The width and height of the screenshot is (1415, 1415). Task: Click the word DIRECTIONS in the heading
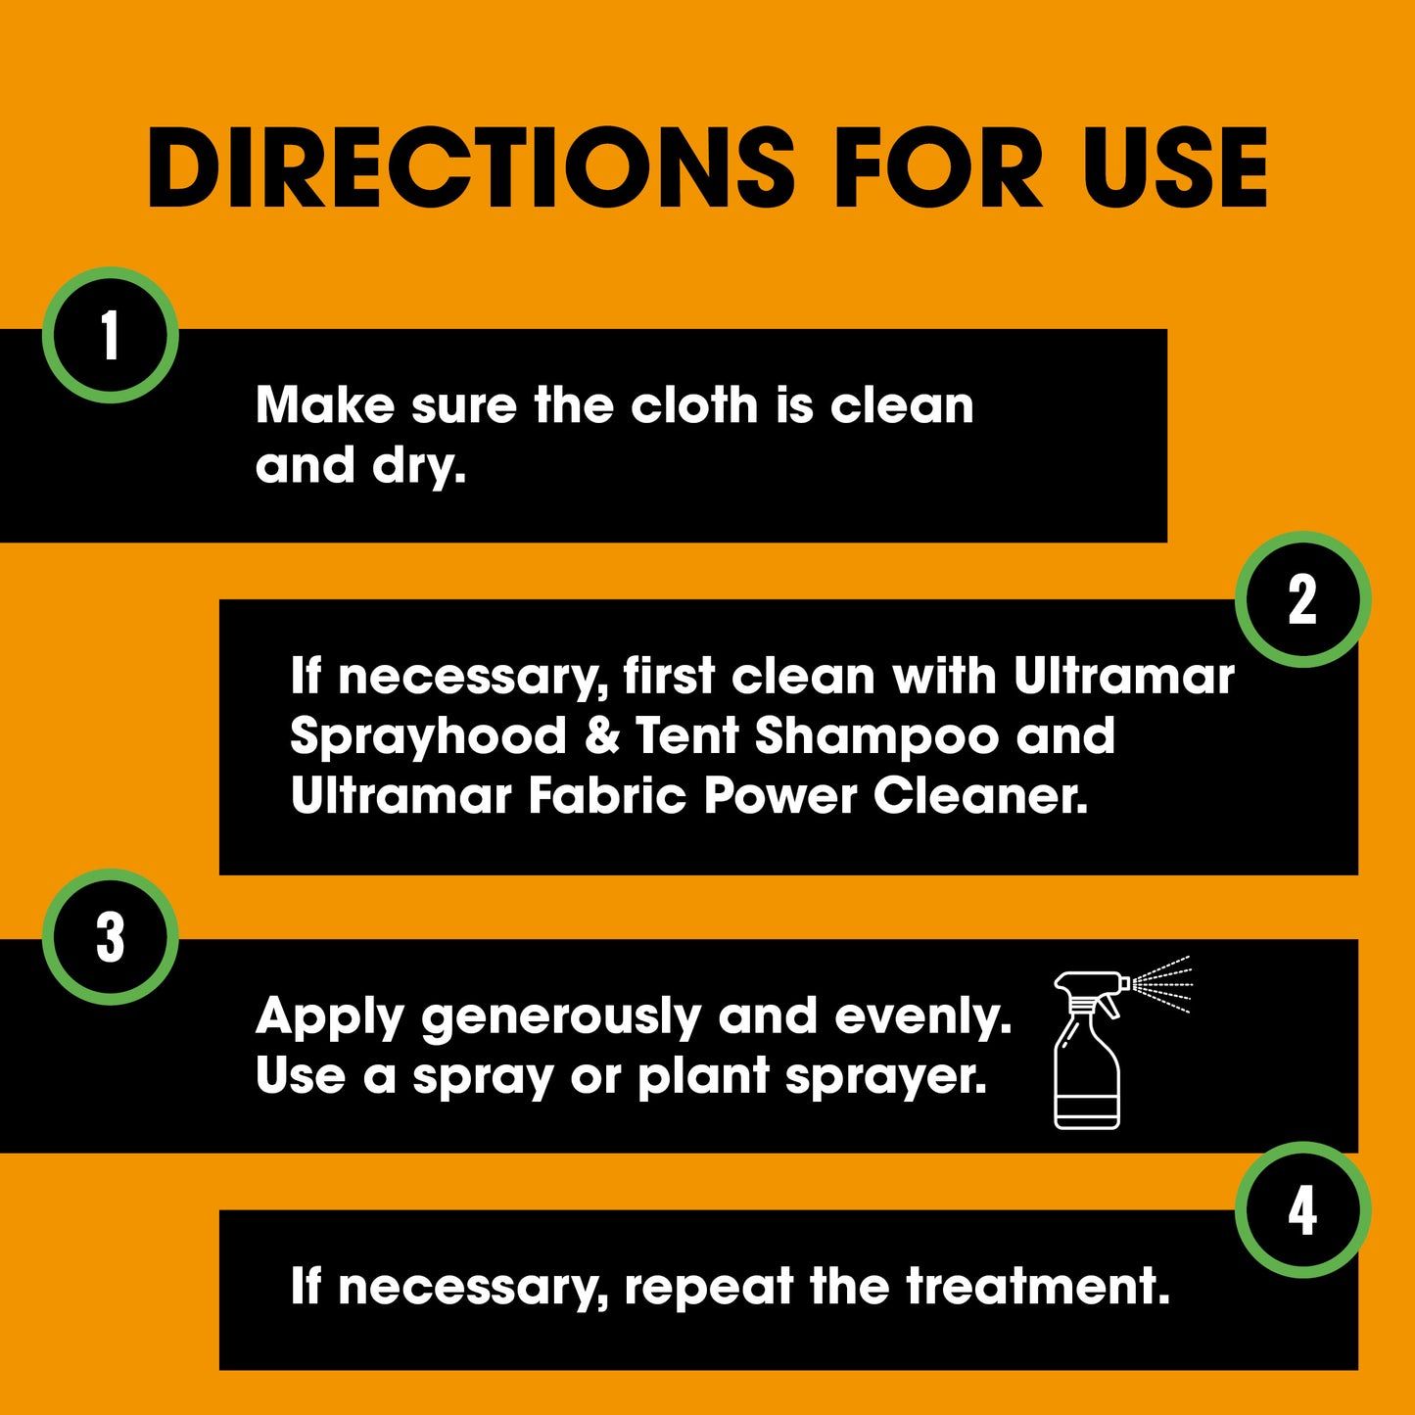coord(471,168)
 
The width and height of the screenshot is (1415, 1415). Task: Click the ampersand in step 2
coord(602,735)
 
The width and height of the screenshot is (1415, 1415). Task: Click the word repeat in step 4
coord(709,1290)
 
